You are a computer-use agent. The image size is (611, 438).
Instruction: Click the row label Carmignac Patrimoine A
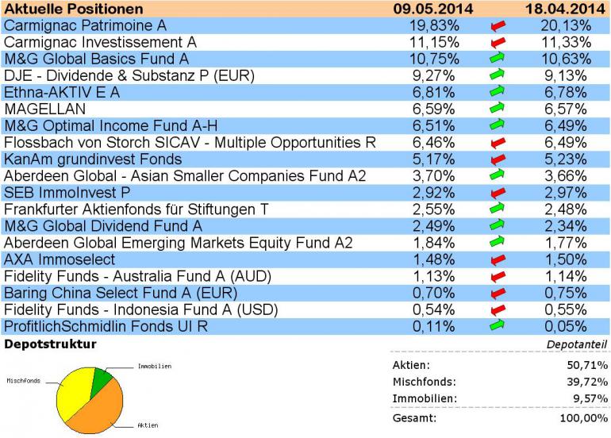85,25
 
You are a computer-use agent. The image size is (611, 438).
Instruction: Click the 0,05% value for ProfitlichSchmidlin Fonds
568,327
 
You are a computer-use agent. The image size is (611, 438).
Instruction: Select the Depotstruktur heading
51,344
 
